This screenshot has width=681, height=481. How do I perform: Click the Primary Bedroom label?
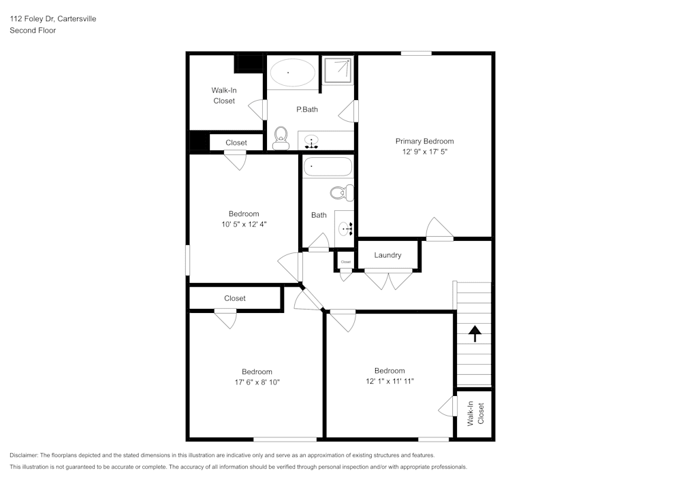424,142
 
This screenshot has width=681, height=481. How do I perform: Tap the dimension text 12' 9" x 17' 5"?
424,152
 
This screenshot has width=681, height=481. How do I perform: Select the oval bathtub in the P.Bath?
291,72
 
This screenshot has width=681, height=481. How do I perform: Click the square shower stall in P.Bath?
337,69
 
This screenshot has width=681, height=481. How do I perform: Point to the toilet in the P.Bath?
280,138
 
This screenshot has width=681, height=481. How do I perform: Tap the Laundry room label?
387,255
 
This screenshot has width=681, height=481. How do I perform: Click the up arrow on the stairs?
474,333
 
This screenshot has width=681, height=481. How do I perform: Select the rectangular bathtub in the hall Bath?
328,167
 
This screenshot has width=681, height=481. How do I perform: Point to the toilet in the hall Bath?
340,193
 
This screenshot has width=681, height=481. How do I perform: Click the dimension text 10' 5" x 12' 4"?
243,224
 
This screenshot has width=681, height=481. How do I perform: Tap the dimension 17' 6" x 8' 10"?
257,382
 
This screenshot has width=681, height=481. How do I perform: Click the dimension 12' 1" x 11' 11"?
390,382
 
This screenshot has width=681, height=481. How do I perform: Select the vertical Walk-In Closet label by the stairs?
475,414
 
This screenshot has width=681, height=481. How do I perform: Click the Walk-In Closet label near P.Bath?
223,95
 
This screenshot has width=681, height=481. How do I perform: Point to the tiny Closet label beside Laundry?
345,262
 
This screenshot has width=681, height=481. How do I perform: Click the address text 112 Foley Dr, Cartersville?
52,19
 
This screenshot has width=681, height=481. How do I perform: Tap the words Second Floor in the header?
33,31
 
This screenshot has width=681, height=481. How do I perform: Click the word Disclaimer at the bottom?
24,455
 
